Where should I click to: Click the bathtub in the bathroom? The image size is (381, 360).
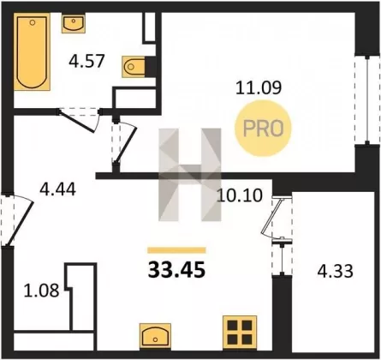tap(32, 51)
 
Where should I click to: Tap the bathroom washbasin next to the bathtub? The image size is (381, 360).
tap(74, 23)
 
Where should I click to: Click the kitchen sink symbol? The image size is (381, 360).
tap(155, 336)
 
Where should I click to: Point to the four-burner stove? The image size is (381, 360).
tap(240, 333)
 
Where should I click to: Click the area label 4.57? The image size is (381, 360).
tap(86, 61)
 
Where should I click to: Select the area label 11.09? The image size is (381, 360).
tap(259, 87)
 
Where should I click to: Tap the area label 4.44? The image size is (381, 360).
tap(57, 189)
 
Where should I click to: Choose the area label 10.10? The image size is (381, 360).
tap(240, 195)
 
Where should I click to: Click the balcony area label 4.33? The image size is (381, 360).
tap(336, 271)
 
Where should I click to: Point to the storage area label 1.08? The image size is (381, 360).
tap(41, 290)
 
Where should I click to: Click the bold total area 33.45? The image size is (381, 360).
tap(176, 270)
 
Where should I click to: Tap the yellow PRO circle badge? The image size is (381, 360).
tap(263, 128)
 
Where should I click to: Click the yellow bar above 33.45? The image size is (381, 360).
tap(176, 250)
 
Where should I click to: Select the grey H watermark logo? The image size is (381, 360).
tap(190, 175)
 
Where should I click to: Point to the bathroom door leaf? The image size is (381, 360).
tap(77, 122)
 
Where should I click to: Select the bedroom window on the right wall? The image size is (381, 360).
tap(367, 100)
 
